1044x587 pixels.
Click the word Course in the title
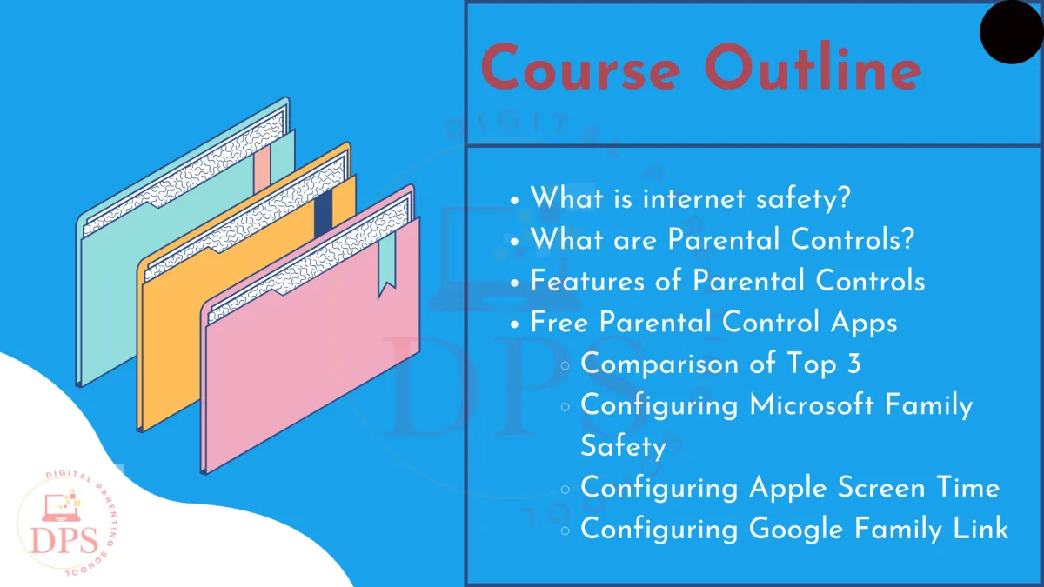(581, 67)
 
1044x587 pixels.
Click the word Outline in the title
(813, 65)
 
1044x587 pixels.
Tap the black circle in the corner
(1012, 31)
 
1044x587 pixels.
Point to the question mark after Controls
(907, 238)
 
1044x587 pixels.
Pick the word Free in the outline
(559, 322)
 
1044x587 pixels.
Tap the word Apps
(864, 324)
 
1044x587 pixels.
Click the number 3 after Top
(853, 363)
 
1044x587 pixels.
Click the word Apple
(787, 489)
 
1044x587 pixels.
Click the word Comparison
(659, 364)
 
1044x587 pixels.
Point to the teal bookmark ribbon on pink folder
(387, 263)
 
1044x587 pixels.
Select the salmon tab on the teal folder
(262, 169)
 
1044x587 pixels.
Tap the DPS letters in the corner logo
(64, 540)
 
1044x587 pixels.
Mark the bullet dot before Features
(514, 283)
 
